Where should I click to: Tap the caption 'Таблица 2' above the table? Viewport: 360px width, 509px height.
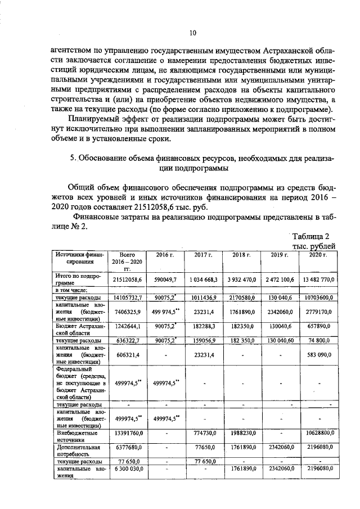[x=313, y=236]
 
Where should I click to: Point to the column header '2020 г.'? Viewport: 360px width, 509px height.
[x=318, y=255]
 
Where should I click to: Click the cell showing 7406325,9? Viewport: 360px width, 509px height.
[x=127, y=311]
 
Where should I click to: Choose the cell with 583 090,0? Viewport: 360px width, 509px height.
[x=318, y=355]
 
